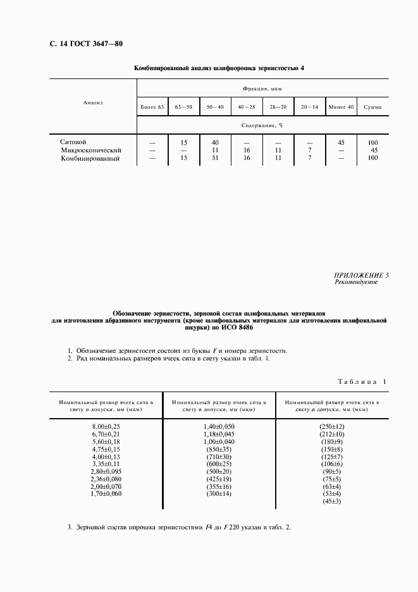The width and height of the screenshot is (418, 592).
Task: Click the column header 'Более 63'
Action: tap(152, 108)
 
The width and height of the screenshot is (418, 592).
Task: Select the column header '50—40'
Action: tap(215, 108)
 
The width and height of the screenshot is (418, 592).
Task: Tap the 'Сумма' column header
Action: tap(372, 108)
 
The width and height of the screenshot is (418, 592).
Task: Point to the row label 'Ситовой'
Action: tap(73, 142)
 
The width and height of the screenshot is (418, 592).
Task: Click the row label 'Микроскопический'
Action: tap(90, 151)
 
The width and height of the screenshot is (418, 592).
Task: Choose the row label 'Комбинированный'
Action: tap(90, 159)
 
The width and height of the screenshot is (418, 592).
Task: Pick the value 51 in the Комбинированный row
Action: tap(215, 159)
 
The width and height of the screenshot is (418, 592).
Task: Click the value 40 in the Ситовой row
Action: tap(215, 142)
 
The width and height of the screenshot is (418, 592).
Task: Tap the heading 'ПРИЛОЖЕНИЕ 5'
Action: tap(361, 275)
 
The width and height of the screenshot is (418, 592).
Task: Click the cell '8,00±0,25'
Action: tap(106, 426)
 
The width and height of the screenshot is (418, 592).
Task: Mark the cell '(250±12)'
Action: tap(332, 426)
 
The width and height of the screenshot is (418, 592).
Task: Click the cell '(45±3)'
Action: tap(332, 502)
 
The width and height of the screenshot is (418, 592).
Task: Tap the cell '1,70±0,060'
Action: tap(106, 494)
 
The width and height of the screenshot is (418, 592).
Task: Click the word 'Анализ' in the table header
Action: tap(92, 102)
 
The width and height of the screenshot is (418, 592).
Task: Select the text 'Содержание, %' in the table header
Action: tap(262, 125)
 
